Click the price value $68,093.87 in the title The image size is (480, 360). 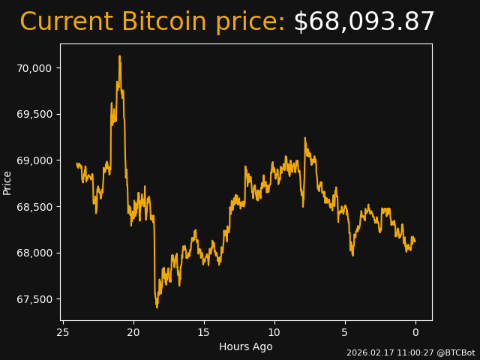(364, 22)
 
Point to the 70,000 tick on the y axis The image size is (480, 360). (34, 68)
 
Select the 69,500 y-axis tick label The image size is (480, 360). (34, 114)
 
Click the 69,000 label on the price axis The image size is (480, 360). (34, 160)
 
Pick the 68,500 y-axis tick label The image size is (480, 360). (34, 207)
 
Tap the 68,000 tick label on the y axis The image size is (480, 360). (34, 253)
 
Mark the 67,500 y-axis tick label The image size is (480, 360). (34, 299)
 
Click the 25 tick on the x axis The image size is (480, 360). (63, 332)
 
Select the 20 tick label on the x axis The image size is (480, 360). (133, 332)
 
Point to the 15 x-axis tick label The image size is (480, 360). (204, 332)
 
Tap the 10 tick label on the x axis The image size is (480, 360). (274, 332)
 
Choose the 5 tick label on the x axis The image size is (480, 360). (345, 332)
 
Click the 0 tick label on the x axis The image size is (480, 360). (415, 332)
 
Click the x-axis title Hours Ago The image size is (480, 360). (245, 346)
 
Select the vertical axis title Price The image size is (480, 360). (7, 182)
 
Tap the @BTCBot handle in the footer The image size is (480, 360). (455, 352)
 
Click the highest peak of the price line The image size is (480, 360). (119, 56)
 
